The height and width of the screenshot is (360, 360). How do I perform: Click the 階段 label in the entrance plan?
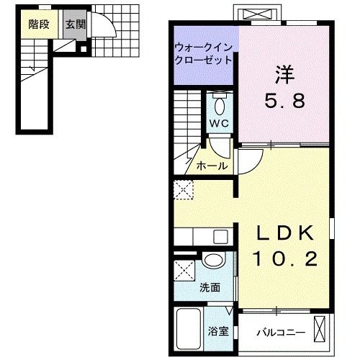click(x=39, y=24)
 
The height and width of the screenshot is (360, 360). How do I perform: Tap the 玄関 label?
click(x=76, y=24)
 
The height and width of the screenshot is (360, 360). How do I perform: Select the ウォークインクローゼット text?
click(x=204, y=54)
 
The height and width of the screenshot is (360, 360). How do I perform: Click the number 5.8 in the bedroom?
click(x=284, y=101)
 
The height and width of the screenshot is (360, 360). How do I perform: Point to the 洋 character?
click(x=285, y=75)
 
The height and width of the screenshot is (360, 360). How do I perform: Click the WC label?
click(x=219, y=123)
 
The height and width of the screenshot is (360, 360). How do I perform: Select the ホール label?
click(x=212, y=166)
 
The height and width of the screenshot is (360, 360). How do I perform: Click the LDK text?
click(x=285, y=233)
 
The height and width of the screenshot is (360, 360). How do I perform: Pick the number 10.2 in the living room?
click(x=285, y=259)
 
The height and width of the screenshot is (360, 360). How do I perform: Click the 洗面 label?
click(x=210, y=287)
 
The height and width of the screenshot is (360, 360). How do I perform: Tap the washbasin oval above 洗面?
click(x=213, y=259)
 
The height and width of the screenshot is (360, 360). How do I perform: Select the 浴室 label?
click(x=218, y=331)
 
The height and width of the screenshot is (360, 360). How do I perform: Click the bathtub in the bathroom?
click(x=189, y=330)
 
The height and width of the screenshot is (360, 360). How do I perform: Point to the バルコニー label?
click(x=281, y=333)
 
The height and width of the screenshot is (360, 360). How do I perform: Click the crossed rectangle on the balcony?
click(x=320, y=329)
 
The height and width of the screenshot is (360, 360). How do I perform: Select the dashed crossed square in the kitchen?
click(x=184, y=189)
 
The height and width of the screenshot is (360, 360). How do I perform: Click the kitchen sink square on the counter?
click(x=221, y=236)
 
